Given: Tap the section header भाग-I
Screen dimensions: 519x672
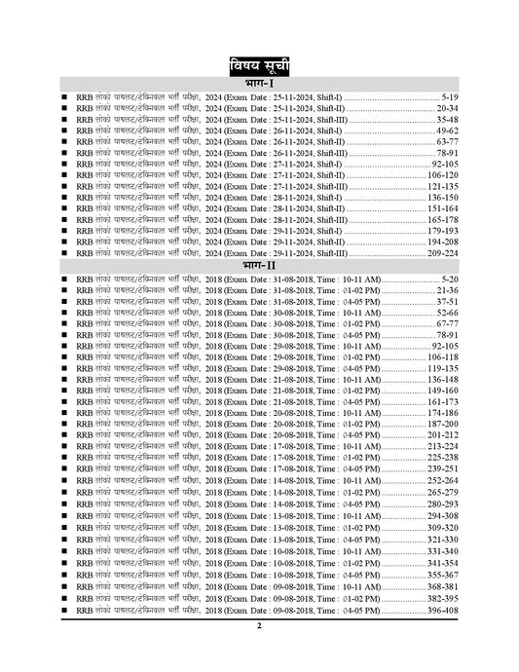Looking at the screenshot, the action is [x=259, y=86].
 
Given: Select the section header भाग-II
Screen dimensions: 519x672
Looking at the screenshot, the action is [x=259, y=264].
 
